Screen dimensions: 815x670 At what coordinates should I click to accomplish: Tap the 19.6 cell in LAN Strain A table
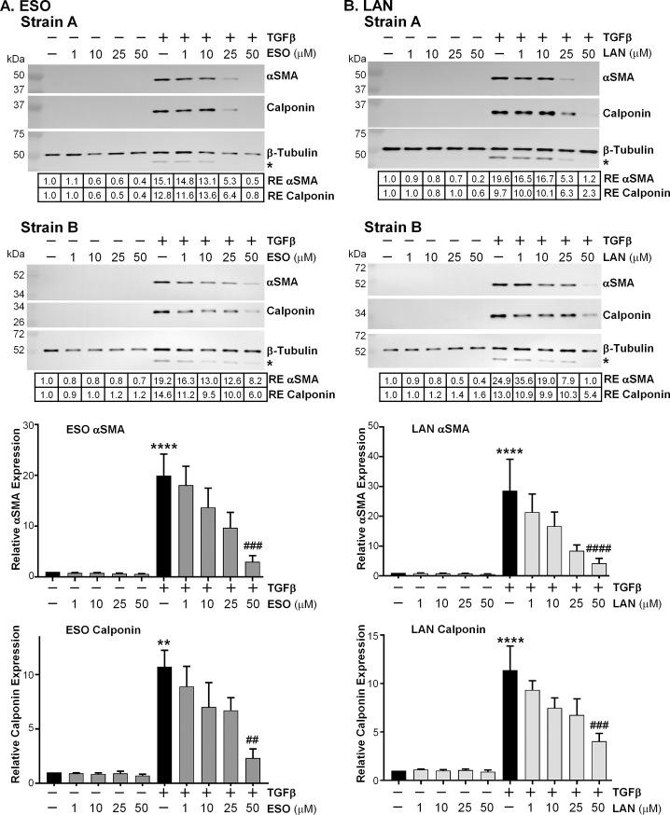pos(503,177)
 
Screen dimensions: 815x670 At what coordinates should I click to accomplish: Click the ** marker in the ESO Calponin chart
pos(164,642)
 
